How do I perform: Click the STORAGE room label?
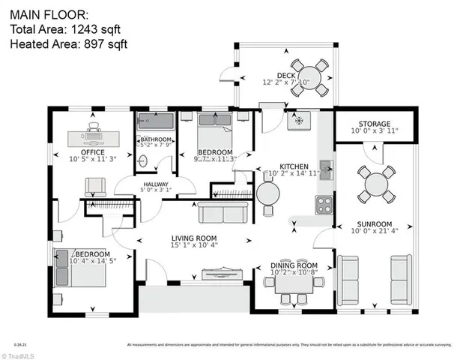click(374, 124)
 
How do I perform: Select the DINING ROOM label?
click(294, 265)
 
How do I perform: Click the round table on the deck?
click(309, 77)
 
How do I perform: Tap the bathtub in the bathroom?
click(156, 121)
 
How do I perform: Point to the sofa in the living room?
click(221, 214)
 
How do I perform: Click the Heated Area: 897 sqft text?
click(68, 44)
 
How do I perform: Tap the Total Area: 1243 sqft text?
click(64, 29)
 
